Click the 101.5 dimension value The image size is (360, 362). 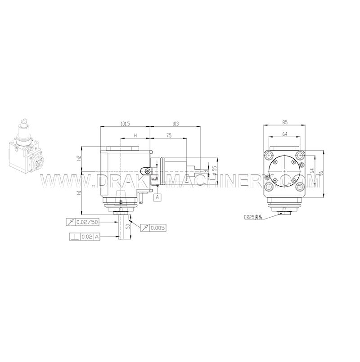click(126, 123)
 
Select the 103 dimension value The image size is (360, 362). click(175, 123)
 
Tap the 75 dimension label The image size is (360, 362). click(169, 135)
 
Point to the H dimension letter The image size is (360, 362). click(135, 135)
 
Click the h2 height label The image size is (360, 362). click(79, 158)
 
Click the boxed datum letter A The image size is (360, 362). click(157, 197)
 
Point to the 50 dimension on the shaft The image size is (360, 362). click(128, 226)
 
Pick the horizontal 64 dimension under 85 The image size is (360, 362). click(285, 133)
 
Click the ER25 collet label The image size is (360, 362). click(253, 217)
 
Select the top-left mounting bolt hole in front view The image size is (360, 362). click(270, 156)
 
